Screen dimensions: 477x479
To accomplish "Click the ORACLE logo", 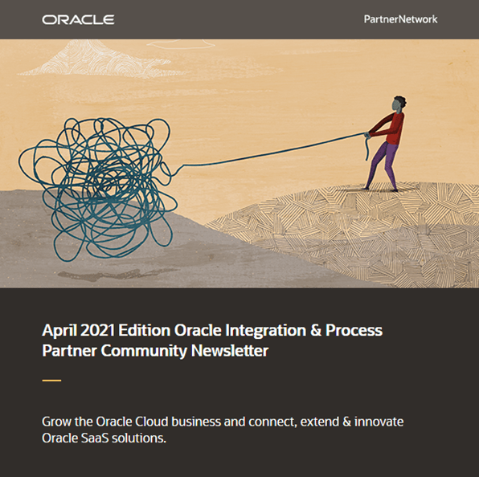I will (78, 19).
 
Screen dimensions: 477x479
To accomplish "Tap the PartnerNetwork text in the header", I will (400, 18).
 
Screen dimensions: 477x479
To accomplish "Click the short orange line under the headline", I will (51, 380).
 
